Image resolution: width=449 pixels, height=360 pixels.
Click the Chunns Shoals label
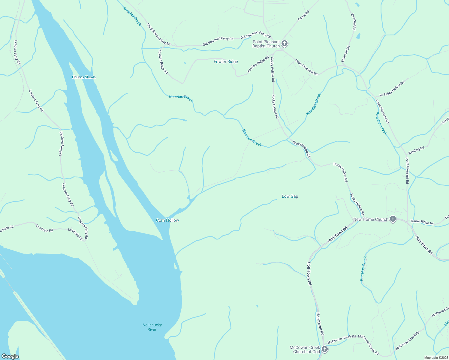coord(84,77)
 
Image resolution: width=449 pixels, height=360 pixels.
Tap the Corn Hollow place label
coord(167,220)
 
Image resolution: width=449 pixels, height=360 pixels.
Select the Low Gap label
coord(290,196)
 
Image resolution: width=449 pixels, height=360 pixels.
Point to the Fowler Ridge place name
coord(226,61)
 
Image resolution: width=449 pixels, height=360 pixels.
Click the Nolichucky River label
coord(152,327)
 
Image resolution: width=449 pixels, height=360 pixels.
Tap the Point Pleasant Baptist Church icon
coord(285,43)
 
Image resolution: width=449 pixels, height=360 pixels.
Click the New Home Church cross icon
coord(393,219)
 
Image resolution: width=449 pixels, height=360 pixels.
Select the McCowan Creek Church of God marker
coord(325,349)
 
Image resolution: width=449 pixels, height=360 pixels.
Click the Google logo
coord(10,356)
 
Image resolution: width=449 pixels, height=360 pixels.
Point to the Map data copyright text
coord(436,358)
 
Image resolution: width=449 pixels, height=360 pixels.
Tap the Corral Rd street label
coord(303,16)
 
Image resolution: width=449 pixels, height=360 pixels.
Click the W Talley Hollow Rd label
coord(392,89)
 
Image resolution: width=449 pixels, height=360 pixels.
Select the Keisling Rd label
coord(416,149)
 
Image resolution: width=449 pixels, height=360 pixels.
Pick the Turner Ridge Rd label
coord(422,222)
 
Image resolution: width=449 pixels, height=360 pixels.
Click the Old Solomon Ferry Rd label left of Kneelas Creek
coord(158,34)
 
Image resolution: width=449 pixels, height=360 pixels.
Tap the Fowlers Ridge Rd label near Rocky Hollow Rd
coord(258,64)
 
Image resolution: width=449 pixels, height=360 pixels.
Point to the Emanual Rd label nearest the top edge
coord(354,22)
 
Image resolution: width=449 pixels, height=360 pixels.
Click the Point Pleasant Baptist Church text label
coord(266,44)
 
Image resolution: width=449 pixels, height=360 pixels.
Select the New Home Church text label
coord(371,219)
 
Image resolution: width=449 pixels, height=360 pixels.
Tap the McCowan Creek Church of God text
coord(305,349)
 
